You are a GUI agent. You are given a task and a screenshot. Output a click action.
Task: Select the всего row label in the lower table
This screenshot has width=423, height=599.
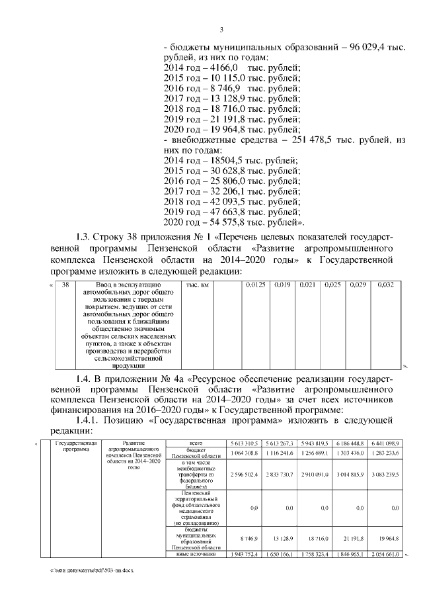[195, 442]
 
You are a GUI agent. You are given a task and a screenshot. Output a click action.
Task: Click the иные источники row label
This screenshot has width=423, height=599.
[195, 554]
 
